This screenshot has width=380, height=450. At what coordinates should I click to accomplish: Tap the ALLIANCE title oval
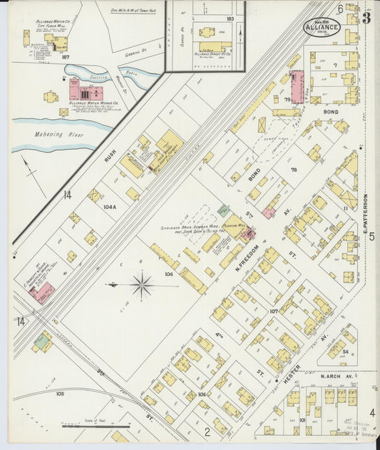[322, 27]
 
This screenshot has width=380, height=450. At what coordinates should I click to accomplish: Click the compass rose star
[142, 286]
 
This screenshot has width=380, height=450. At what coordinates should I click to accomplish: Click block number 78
[292, 170]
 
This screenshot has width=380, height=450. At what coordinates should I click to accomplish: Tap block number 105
[60, 394]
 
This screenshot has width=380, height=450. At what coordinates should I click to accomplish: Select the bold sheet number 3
[366, 18]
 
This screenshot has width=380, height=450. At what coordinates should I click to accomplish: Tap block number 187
[66, 56]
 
